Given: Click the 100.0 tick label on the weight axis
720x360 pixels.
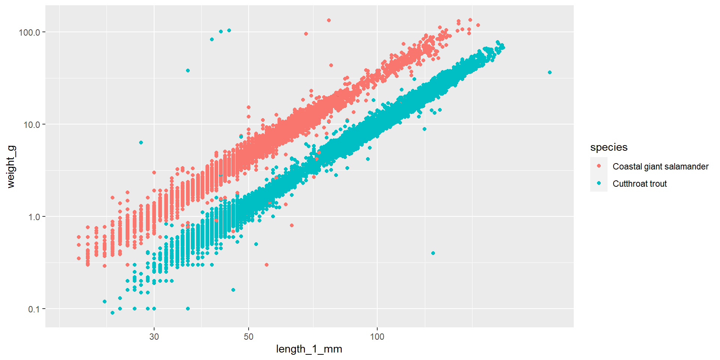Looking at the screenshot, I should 29,32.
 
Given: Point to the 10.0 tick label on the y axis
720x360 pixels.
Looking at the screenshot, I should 31,124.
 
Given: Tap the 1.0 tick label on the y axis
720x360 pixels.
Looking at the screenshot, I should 34,217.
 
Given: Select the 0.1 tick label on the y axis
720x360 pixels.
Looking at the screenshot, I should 34,309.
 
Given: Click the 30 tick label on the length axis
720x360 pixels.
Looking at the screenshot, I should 154,336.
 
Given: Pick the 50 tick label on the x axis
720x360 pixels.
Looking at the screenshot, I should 249,336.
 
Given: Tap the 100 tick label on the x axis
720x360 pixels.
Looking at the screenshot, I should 377,336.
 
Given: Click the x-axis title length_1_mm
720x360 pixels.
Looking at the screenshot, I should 309,349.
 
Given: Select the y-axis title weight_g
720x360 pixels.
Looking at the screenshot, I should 11,166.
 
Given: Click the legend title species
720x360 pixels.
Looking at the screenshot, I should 609,147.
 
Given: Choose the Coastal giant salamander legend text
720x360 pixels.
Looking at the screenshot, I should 660,166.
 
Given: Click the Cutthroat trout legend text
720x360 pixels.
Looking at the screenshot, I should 639,184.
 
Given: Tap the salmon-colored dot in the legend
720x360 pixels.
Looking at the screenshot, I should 599,166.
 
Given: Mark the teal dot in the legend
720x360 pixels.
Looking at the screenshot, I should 599,183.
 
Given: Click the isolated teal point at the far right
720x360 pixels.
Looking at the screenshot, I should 550,72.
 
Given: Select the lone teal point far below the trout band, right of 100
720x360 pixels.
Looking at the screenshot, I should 433,253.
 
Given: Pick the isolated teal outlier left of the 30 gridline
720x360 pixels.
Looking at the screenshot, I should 141,142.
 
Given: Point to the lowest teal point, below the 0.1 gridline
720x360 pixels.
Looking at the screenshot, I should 112,313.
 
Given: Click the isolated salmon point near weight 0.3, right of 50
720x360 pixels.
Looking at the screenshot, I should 267,265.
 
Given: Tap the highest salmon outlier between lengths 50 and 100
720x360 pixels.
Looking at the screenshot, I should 329,20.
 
